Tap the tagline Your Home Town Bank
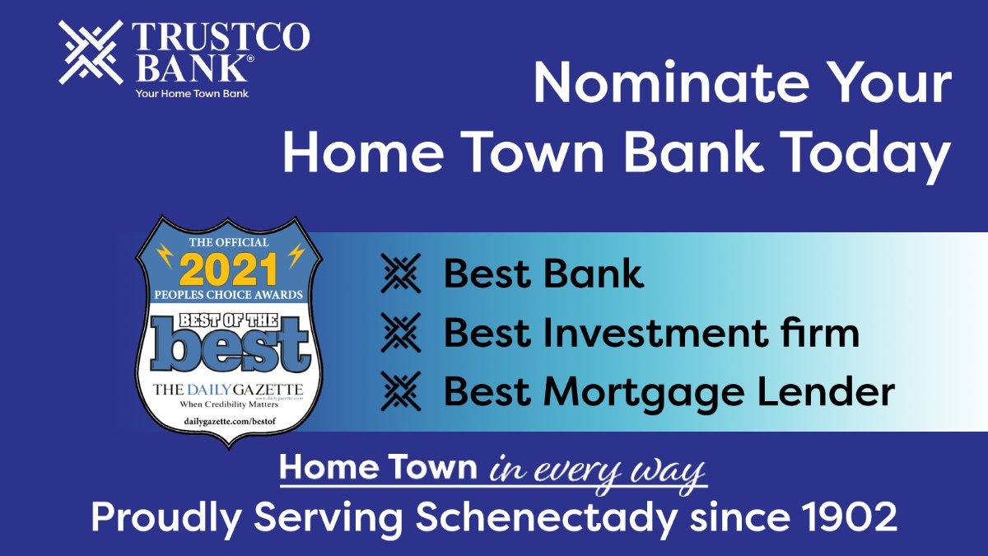point(192,93)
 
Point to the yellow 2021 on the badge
point(228,268)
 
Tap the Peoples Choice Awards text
point(228,294)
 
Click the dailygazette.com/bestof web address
point(228,421)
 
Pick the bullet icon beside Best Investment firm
point(401,333)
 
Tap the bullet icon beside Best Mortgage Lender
point(401,392)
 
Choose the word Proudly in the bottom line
point(165,517)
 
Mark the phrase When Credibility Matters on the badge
point(228,405)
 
